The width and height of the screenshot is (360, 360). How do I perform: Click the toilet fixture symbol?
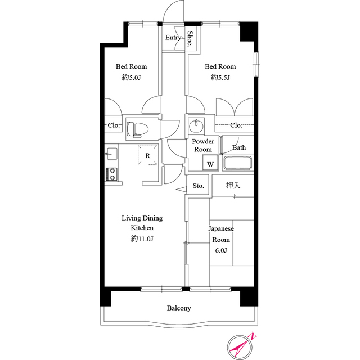pyautogui.click(x=138, y=129)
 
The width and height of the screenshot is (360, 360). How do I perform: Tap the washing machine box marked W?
pyautogui.click(x=210, y=163)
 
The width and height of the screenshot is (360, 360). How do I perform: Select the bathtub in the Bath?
pyautogui.click(x=237, y=163)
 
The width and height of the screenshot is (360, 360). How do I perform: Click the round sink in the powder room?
pyautogui.click(x=196, y=125)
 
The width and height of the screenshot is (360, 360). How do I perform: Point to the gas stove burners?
pyautogui.click(x=111, y=174)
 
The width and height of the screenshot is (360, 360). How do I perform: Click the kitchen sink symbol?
pyautogui.click(x=111, y=154)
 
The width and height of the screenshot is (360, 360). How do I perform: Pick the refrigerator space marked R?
pyautogui.click(x=148, y=155)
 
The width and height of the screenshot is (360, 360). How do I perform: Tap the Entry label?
pyautogui.click(x=173, y=38)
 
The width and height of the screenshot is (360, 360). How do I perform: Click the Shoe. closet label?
pyautogui.click(x=190, y=39)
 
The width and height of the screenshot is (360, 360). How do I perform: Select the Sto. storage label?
pyautogui.click(x=199, y=186)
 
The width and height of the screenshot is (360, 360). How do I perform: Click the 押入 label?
pyautogui.click(x=233, y=185)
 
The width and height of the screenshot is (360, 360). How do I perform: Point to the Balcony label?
pyautogui.click(x=179, y=308)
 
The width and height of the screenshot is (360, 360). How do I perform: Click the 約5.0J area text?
pyautogui.click(x=131, y=78)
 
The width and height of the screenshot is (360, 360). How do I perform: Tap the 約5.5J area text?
pyautogui.click(x=220, y=78)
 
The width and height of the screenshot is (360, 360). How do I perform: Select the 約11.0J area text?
pyautogui.click(x=142, y=238)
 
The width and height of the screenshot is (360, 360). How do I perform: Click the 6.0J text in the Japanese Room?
pyautogui.click(x=221, y=250)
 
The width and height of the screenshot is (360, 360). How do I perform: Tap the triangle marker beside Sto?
pyautogui.click(x=182, y=190)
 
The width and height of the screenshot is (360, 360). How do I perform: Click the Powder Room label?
pyautogui.click(x=203, y=145)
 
